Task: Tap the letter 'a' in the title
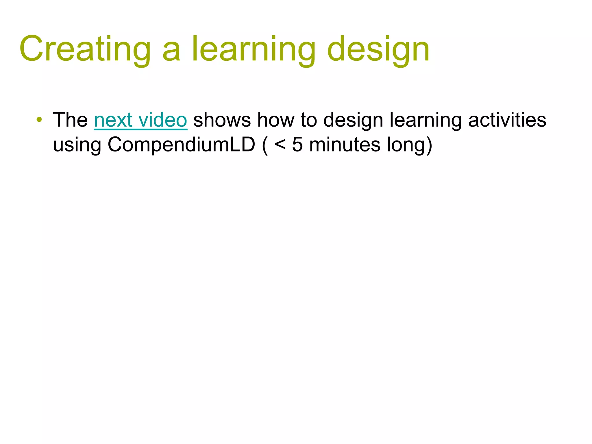pos(171,52)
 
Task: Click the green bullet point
pos(40,119)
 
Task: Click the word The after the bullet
pos(70,120)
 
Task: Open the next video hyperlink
pos(140,120)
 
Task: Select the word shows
pos(222,120)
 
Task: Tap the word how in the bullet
pos(275,120)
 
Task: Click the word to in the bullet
pos(308,120)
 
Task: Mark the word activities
pos(507,120)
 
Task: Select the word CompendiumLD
pos(182,145)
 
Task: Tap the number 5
pos(297,144)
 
